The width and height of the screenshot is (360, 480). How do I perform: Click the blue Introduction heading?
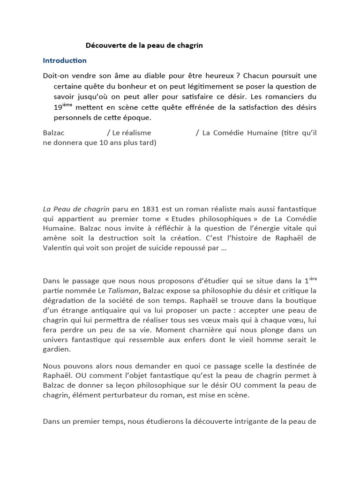pyautogui.click(x=65, y=60)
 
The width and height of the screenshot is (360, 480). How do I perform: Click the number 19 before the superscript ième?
pyautogui.click(x=58, y=107)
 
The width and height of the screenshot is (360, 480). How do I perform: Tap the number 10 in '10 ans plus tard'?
pyautogui.click(x=104, y=143)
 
